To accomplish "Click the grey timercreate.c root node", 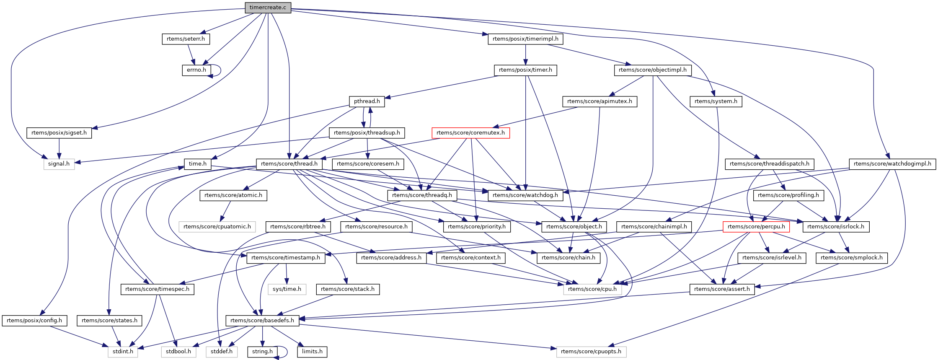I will [268, 8].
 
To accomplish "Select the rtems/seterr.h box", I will [186, 39].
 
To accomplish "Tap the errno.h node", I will [196, 70].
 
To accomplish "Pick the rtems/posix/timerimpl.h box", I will [525, 39].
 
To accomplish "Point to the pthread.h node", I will [367, 101].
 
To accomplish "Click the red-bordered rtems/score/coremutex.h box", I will [471, 133].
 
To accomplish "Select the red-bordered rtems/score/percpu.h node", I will [756, 227].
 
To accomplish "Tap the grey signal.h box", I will [59, 164].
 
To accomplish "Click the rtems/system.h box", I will [716, 101].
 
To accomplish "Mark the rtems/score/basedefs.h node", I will [262, 321].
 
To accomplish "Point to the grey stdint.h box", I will [123, 352].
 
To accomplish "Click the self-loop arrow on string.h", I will [286, 352].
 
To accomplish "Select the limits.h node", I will [312, 352].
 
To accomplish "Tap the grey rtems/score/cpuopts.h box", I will [591, 352].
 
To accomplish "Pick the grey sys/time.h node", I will [287, 289].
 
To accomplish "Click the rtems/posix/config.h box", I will [34, 321].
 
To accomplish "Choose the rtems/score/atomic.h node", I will [233, 195].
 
